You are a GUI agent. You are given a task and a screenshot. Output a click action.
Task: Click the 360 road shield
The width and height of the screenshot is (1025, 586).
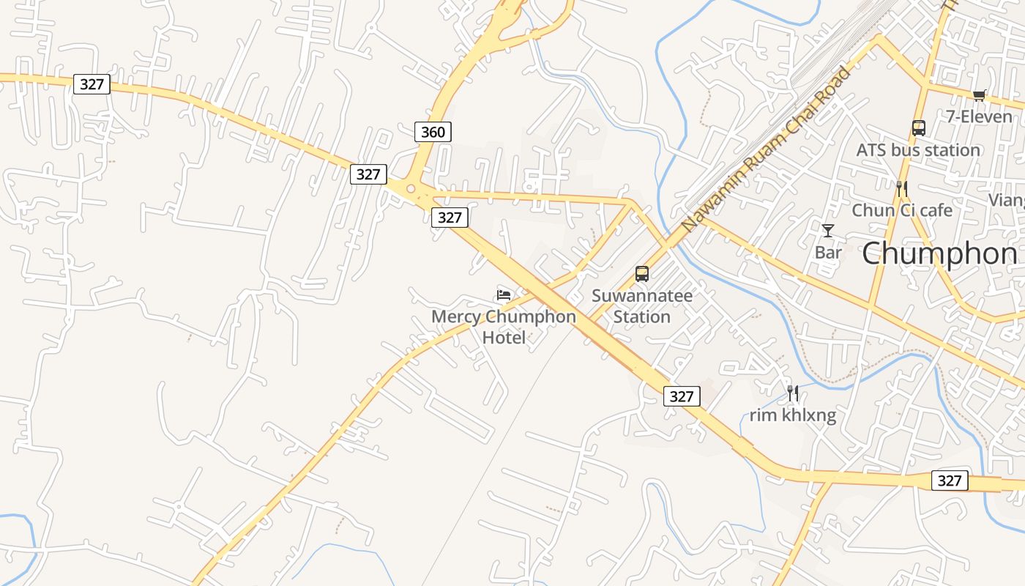click(x=433, y=132)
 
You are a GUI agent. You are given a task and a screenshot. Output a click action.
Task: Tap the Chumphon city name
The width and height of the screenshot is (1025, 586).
click(x=939, y=254)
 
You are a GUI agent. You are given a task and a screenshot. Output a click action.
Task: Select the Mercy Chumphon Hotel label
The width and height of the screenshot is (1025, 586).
click(x=504, y=327)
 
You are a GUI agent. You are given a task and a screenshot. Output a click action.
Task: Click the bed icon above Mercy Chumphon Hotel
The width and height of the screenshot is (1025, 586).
click(x=504, y=295)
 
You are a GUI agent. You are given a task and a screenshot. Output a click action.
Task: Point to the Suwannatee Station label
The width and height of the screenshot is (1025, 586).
click(x=642, y=306)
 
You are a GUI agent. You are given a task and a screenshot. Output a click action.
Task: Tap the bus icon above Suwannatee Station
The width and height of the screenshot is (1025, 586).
click(x=642, y=274)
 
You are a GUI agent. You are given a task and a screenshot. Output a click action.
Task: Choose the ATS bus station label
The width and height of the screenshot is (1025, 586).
click(x=918, y=150)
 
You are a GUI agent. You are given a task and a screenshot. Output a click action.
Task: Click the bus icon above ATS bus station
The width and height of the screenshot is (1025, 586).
click(x=919, y=128)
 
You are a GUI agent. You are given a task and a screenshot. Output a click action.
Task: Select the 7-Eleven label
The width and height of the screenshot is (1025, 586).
click(x=979, y=116)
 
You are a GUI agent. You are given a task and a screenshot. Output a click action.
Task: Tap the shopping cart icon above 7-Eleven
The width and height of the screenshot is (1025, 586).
click(x=980, y=95)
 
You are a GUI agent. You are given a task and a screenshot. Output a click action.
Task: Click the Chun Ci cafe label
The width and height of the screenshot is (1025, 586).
click(x=902, y=211)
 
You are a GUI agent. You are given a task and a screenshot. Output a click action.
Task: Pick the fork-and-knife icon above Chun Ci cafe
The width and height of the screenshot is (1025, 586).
click(x=902, y=189)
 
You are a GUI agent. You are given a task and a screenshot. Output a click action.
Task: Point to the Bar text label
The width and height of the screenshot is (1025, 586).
click(x=828, y=253)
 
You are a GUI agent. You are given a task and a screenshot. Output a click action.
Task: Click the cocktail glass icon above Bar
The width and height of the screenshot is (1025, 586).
click(x=828, y=231)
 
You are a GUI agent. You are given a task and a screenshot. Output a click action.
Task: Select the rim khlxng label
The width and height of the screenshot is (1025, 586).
click(x=793, y=416)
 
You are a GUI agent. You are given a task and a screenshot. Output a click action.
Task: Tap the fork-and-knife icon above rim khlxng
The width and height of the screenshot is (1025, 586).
click(x=793, y=394)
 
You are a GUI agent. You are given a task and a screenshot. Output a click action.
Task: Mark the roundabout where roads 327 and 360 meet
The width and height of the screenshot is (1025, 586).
click(x=411, y=189)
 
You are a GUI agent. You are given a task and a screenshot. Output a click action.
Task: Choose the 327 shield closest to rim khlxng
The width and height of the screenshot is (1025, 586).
click(x=682, y=396)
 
